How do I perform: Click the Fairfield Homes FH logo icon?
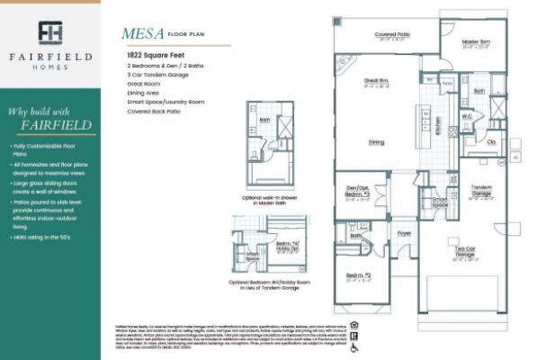[x=50, y=32]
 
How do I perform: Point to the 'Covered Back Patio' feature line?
[x=154, y=111]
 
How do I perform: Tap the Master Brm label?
[x=476, y=42]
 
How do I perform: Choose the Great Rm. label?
[x=376, y=81]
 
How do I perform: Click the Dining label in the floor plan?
[x=377, y=141]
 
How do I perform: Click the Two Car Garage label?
[x=464, y=254]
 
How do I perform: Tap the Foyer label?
[x=404, y=232]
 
